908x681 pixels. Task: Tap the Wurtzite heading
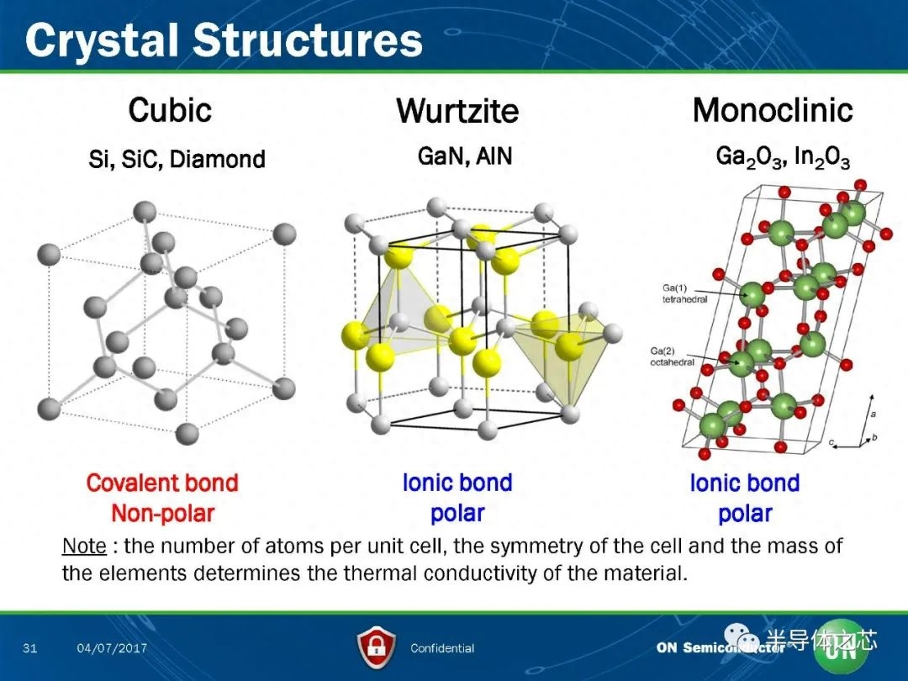457,111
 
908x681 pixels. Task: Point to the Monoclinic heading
773,109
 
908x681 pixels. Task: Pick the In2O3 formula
822,157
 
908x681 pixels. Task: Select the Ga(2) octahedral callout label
672,356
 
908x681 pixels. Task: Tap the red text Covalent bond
162,483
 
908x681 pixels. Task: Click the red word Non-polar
163,513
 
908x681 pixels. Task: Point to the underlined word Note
84,546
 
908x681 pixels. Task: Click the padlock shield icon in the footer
377,647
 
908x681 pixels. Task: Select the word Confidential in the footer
442,648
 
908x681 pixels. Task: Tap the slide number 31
29,647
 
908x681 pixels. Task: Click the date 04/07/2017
112,647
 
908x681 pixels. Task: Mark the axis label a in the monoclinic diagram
874,414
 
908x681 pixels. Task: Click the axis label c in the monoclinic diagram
831,443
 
